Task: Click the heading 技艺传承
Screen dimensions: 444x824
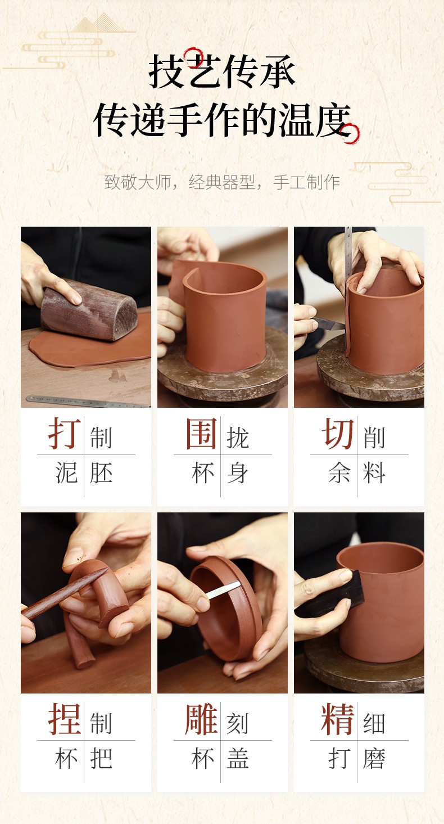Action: [x=221, y=72]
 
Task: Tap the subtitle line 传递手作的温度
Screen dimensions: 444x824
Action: [x=223, y=120]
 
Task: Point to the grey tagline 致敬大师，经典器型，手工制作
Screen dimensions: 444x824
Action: [x=222, y=182]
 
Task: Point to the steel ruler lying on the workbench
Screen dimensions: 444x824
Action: [x=88, y=401]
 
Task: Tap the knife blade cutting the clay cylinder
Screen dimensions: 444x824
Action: [x=329, y=323]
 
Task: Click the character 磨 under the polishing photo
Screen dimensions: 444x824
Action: [x=374, y=759]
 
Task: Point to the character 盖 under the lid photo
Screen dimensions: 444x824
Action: [x=238, y=759]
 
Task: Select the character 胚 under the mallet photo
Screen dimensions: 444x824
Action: [x=101, y=473]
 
